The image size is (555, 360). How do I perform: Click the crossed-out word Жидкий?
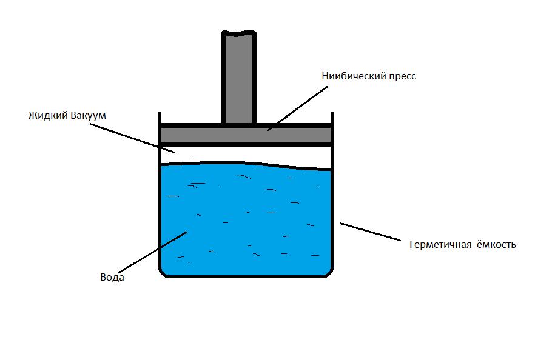[x=49, y=115]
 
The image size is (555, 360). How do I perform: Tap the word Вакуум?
[x=88, y=115]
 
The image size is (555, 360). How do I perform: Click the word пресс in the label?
[x=401, y=77]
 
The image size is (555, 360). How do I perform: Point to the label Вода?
[x=112, y=278]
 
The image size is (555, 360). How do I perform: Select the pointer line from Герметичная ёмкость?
[x=370, y=232]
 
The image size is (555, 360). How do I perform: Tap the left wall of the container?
[x=160, y=218]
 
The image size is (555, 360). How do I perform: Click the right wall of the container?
[x=331, y=218]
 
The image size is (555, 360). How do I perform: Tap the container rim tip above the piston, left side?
[x=160, y=116]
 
